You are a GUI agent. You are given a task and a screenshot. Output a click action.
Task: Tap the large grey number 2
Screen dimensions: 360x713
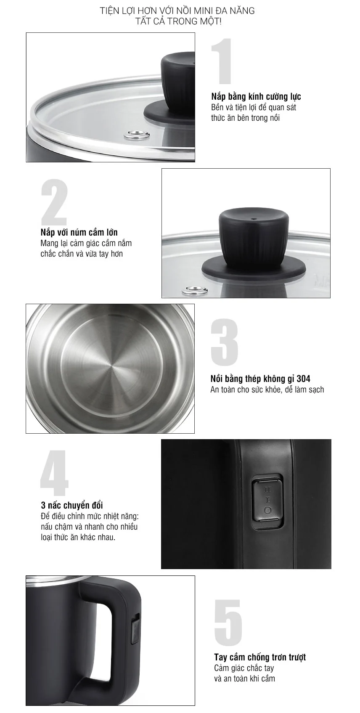(x=54, y=202)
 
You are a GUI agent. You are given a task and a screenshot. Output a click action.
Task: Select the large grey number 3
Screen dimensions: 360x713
(x=225, y=342)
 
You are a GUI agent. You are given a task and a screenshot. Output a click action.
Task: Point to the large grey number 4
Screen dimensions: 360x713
(x=54, y=473)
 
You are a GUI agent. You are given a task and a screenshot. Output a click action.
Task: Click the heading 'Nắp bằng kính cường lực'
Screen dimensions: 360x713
(x=256, y=96)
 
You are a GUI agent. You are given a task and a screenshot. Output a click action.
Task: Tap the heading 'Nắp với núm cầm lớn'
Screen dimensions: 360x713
(x=79, y=232)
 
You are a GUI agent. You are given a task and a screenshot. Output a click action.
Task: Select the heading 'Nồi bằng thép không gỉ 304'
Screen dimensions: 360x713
(x=260, y=379)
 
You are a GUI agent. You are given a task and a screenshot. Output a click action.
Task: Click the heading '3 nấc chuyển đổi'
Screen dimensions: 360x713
(x=72, y=505)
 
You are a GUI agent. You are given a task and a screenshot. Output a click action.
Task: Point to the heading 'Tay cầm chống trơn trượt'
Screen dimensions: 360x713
(x=260, y=657)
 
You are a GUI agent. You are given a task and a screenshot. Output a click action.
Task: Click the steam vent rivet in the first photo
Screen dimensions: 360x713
(x=138, y=135)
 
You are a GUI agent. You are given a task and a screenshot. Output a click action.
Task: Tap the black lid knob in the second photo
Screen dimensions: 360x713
(x=254, y=243)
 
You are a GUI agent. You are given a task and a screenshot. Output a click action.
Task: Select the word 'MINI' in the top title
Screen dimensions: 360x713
(x=203, y=11)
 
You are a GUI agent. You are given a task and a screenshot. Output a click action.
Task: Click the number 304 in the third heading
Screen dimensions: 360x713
(x=303, y=379)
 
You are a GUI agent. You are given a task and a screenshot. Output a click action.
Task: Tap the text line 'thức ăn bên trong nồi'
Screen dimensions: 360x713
(x=245, y=118)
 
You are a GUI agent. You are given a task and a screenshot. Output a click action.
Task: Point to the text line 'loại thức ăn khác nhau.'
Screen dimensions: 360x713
(x=78, y=537)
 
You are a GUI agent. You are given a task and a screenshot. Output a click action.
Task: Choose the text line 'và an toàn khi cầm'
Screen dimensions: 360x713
(x=244, y=679)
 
